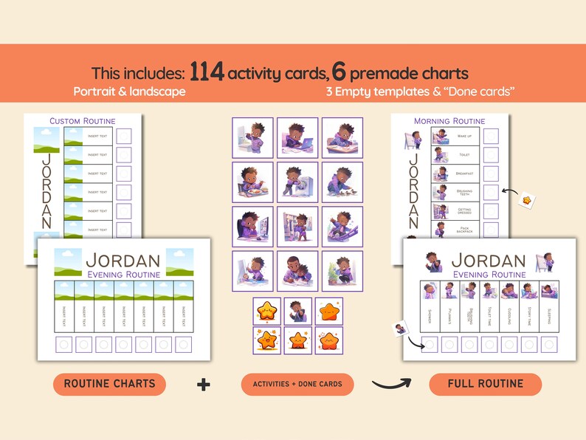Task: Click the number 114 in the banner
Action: click(x=207, y=72)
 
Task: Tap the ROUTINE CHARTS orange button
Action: click(x=109, y=384)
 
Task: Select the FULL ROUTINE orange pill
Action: click(x=485, y=384)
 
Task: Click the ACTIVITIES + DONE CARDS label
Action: click(x=297, y=384)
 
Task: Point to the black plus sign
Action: click(x=203, y=384)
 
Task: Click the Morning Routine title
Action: click(x=449, y=121)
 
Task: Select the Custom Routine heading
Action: click(x=83, y=121)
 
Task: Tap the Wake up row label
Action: click(x=464, y=137)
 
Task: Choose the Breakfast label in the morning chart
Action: click(x=464, y=173)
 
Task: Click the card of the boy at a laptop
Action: click(x=297, y=137)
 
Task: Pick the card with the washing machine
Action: click(x=297, y=182)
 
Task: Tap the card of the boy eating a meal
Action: click(x=252, y=182)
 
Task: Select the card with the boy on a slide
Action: click(x=342, y=227)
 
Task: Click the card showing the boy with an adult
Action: click(x=297, y=271)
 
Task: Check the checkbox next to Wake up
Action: click(x=490, y=136)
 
